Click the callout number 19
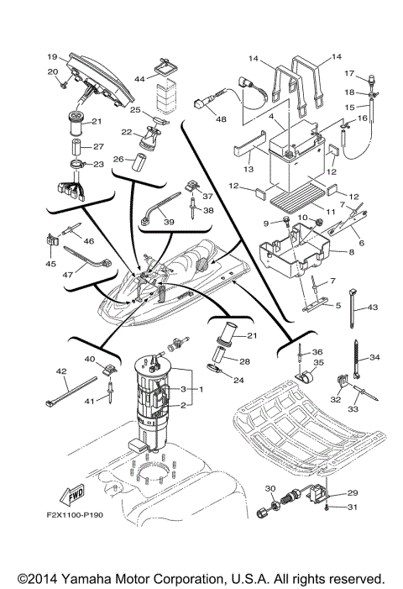(x=52, y=56)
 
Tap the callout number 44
(x=139, y=78)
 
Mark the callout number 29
(x=353, y=493)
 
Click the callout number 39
(x=170, y=222)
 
